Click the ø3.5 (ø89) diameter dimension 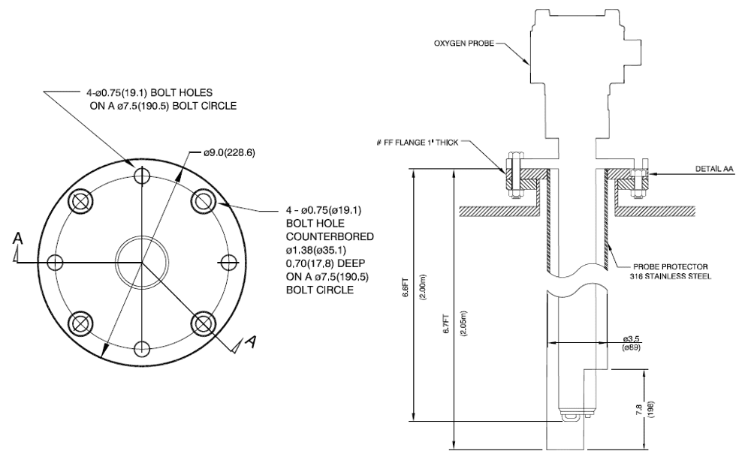click(x=630, y=343)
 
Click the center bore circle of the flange click(x=141, y=261)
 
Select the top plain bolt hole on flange click(x=141, y=176)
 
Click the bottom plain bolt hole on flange click(x=141, y=347)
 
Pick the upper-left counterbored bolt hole click(x=80, y=200)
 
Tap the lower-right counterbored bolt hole click(x=202, y=323)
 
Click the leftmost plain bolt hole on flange click(x=55, y=261)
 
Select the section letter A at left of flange click(x=18, y=239)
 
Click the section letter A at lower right click(x=253, y=342)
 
